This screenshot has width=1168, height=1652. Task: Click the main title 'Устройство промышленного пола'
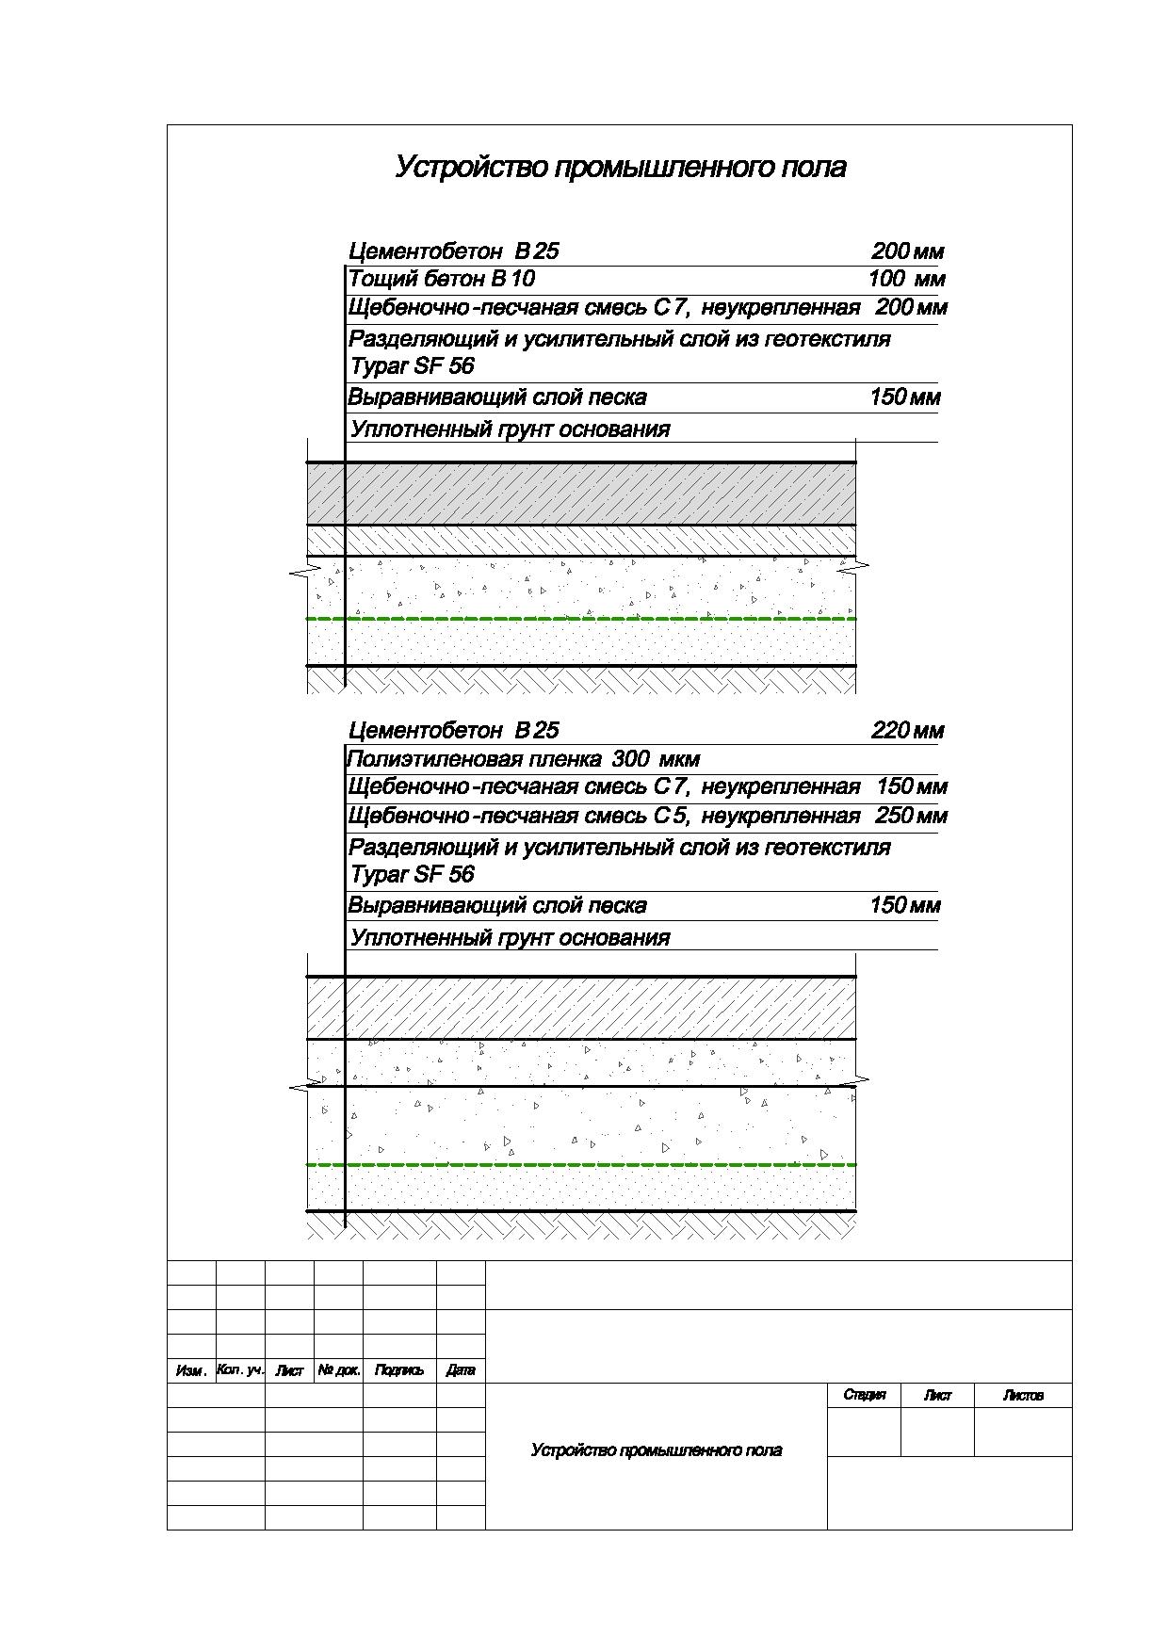click(x=620, y=168)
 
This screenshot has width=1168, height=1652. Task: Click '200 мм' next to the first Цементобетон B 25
click(x=906, y=251)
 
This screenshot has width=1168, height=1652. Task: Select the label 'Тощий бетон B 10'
click(x=442, y=279)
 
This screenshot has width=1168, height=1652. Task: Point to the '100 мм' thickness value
click(x=906, y=279)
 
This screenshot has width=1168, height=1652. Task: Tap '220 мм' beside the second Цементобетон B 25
click(x=906, y=731)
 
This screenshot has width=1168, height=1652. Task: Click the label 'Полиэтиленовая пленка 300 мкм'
click(x=524, y=759)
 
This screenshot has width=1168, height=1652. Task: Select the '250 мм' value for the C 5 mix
click(x=911, y=816)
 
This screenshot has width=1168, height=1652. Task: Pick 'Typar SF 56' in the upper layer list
click(x=413, y=366)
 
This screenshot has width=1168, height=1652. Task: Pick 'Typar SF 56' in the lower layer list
click(x=413, y=875)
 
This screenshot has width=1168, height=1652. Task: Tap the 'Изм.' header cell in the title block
click(x=191, y=1371)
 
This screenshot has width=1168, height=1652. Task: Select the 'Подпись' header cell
click(x=399, y=1371)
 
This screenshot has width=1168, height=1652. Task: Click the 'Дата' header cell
click(x=461, y=1371)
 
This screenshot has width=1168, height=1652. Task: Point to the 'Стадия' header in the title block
click(x=864, y=1396)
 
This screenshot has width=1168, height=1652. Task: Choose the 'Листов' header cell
click(x=1023, y=1396)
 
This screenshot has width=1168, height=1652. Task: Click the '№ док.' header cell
click(x=338, y=1371)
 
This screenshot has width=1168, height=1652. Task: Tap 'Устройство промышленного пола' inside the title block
click(x=656, y=1450)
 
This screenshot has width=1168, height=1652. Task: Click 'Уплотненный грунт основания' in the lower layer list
click(x=510, y=938)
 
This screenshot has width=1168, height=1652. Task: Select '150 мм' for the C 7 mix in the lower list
click(x=911, y=787)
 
